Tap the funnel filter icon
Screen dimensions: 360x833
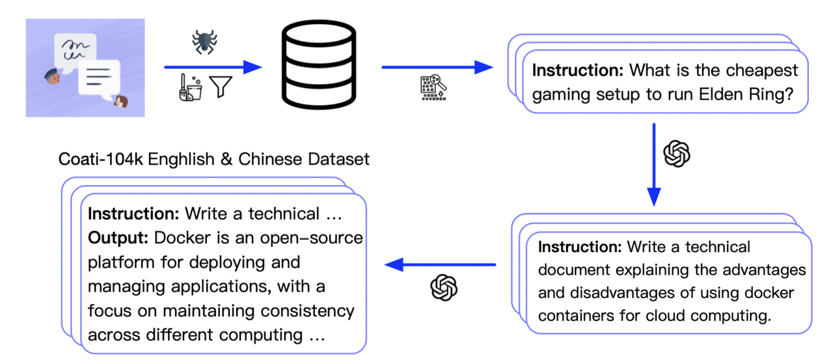click(221, 87)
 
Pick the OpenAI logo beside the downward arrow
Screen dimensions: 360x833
click(677, 154)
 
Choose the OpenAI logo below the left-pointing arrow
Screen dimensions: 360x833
click(444, 287)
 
